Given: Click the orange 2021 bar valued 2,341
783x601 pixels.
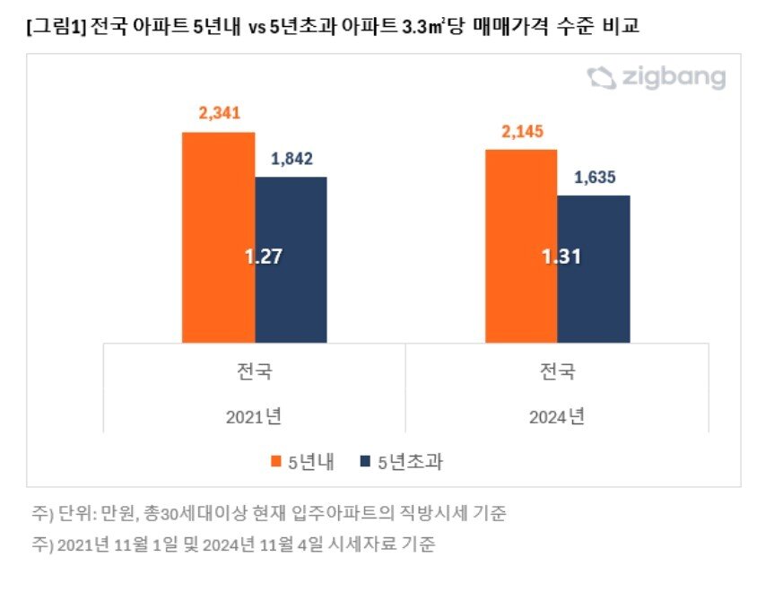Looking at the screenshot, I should (218, 237).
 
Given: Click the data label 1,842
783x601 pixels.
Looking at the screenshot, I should (291, 159).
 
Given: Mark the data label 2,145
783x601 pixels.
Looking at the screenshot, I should (522, 132).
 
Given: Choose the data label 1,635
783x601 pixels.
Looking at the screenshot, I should (594, 177).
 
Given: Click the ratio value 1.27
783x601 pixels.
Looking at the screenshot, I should (264, 256).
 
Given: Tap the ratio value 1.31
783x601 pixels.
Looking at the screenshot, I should (562, 257).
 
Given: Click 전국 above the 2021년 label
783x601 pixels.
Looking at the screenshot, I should (255, 371).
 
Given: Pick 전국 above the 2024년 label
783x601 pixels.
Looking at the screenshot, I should (558, 371).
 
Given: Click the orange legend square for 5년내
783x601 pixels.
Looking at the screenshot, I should (276, 462).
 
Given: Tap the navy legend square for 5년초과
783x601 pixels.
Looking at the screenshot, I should (364, 462).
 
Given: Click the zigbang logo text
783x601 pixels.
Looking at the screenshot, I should (672, 78).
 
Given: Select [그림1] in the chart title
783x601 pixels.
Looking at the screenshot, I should (56, 28).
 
